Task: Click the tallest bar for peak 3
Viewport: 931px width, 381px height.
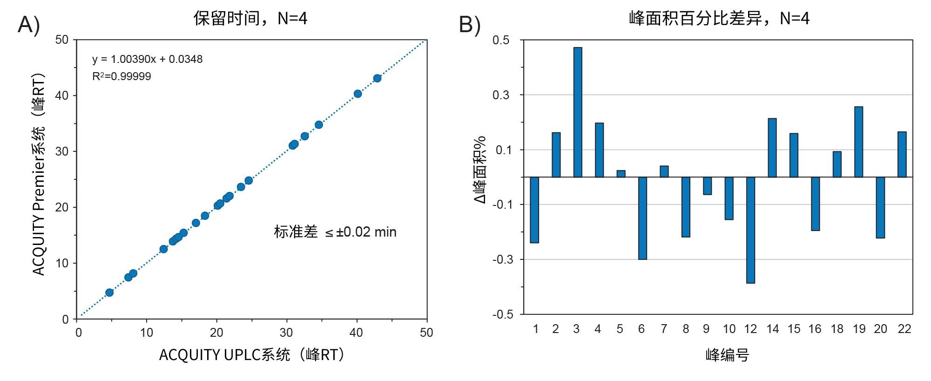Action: pos(578,112)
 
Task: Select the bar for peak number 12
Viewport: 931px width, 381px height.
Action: pos(750,230)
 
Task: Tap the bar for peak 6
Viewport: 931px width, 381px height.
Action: pos(642,218)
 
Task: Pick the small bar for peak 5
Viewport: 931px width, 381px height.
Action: pos(621,174)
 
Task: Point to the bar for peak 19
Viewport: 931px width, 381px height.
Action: pos(859,142)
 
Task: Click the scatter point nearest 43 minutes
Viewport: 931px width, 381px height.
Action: pos(377,78)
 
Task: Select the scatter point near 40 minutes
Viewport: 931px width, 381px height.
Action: pos(358,94)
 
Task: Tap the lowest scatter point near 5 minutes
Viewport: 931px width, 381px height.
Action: pos(109,293)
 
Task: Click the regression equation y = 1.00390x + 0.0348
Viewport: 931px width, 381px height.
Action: pos(147,59)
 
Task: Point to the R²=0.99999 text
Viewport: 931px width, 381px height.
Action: pos(121,76)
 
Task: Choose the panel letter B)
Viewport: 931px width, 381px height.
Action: pos(470,24)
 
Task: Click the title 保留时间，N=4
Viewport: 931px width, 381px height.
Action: pos(250,19)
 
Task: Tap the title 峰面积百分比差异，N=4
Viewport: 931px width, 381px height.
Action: pos(719,19)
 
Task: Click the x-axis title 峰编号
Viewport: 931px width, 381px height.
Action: pos(727,355)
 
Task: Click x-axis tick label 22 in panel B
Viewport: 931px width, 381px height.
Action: pos(904,329)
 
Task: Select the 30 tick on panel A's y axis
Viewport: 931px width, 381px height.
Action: pos(62,151)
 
